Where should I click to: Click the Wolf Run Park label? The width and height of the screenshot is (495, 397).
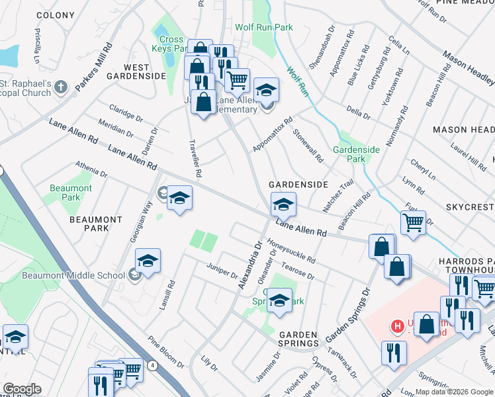(263, 27)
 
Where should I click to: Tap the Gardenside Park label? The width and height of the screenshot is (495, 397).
(356, 154)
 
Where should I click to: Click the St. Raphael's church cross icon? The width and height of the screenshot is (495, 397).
(61, 87)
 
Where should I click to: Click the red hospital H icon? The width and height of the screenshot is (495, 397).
(397, 326)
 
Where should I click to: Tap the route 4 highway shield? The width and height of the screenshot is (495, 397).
(153, 365)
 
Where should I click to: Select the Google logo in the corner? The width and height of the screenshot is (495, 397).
(22, 389)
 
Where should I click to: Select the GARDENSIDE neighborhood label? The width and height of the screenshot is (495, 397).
(298, 184)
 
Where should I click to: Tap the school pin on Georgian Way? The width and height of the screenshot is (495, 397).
(179, 198)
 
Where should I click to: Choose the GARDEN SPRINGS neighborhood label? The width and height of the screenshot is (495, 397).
(298, 339)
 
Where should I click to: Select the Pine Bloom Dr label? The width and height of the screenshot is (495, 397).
(166, 351)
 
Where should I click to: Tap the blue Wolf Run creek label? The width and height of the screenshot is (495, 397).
(297, 81)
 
